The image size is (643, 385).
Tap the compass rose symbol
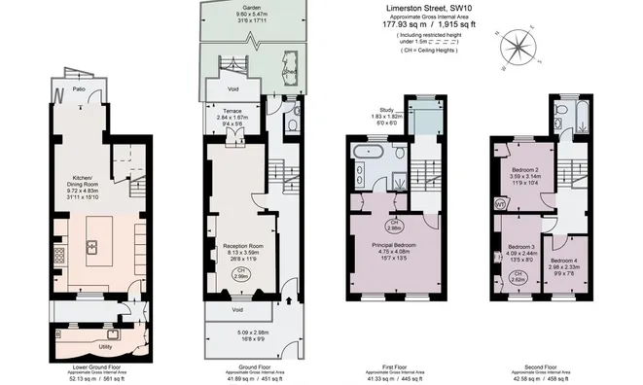tap(518, 45)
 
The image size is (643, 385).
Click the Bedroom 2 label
tap(525, 169)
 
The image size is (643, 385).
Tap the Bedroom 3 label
tap(517, 249)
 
